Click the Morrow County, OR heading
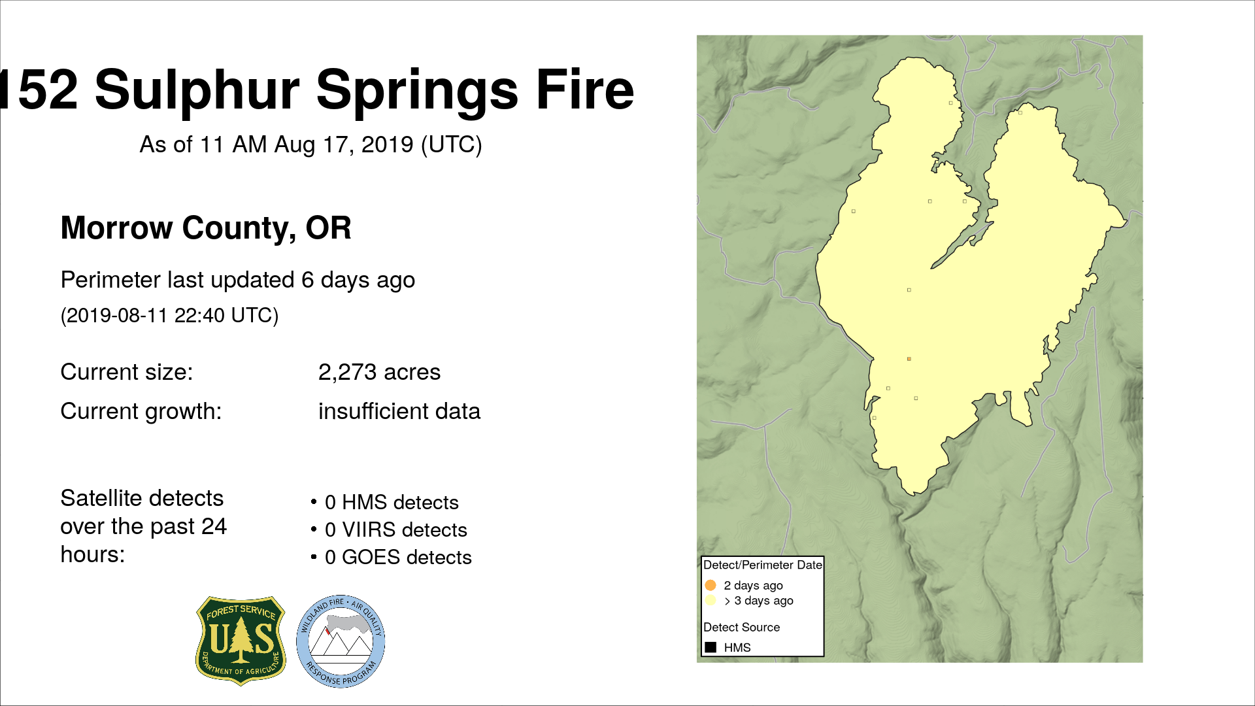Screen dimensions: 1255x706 point(206,228)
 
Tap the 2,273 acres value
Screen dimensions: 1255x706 point(379,372)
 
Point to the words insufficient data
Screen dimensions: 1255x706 point(399,411)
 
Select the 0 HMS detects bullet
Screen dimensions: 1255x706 point(385,502)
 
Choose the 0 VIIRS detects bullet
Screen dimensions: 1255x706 point(390,529)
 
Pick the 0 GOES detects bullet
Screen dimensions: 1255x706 point(392,557)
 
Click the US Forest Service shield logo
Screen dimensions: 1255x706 point(241,641)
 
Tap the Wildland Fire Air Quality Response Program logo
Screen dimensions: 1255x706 point(341,641)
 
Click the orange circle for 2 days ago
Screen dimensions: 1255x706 point(711,585)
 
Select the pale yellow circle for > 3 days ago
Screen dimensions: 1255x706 point(711,600)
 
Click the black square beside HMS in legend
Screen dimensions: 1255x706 point(711,647)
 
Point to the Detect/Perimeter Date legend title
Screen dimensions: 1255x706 point(762,565)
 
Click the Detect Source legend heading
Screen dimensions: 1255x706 point(741,628)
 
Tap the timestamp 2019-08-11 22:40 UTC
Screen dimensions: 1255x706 point(169,315)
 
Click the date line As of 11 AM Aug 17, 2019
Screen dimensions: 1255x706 point(310,144)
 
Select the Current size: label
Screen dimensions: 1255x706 point(127,372)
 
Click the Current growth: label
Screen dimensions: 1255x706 point(141,411)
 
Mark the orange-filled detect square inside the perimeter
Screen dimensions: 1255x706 point(909,359)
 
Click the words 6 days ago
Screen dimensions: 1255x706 point(358,280)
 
